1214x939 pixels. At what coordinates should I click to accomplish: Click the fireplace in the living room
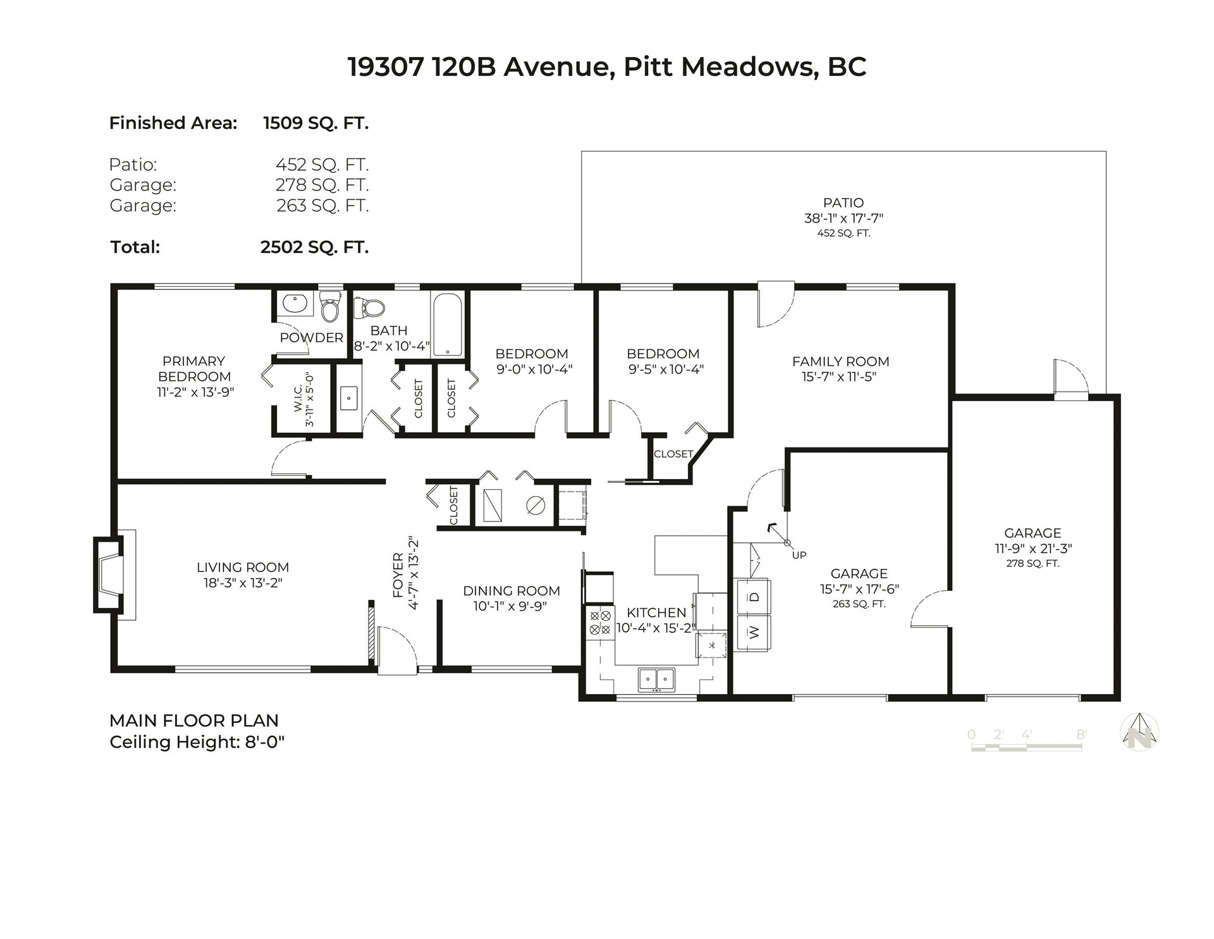click(109, 575)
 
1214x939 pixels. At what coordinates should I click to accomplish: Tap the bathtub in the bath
click(448, 324)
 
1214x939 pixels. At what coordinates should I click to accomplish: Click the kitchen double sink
click(656, 680)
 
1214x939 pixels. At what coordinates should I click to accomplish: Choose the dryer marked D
click(754, 597)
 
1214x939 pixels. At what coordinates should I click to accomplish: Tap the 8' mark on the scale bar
click(1082, 735)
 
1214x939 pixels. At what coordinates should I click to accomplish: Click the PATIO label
click(843, 203)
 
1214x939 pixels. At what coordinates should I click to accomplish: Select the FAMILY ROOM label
click(841, 361)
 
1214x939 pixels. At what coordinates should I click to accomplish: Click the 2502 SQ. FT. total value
click(314, 247)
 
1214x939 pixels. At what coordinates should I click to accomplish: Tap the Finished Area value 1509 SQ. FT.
click(316, 123)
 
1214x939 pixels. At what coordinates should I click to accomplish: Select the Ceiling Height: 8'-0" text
click(197, 742)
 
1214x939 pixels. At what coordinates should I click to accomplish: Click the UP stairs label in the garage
click(799, 555)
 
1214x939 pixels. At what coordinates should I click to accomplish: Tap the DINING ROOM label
click(512, 591)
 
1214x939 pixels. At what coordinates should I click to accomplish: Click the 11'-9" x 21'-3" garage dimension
click(1033, 549)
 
